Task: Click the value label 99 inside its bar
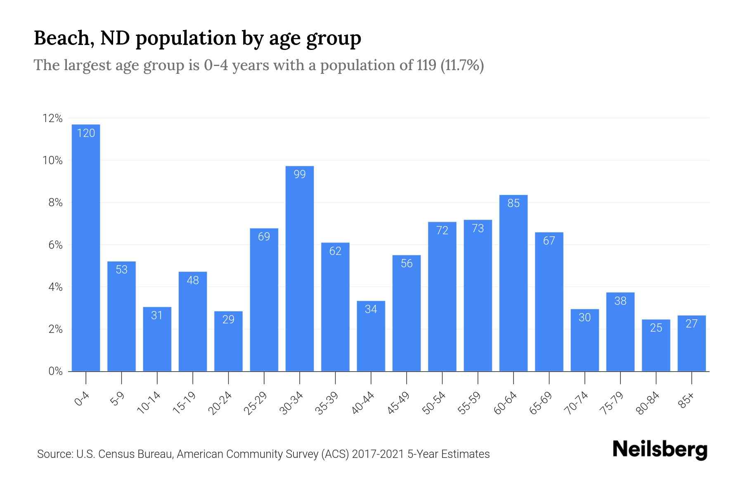[300, 174]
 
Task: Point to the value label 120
[86, 133]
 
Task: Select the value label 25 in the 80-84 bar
[656, 328]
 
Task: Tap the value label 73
[478, 229]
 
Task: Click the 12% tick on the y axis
[52, 119]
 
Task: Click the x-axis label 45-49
[398, 403]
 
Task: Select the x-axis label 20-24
[220, 403]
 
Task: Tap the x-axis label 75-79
[612, 403]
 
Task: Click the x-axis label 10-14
[149, 403]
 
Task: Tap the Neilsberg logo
[660, 450]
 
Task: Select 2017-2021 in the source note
[378, 454]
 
